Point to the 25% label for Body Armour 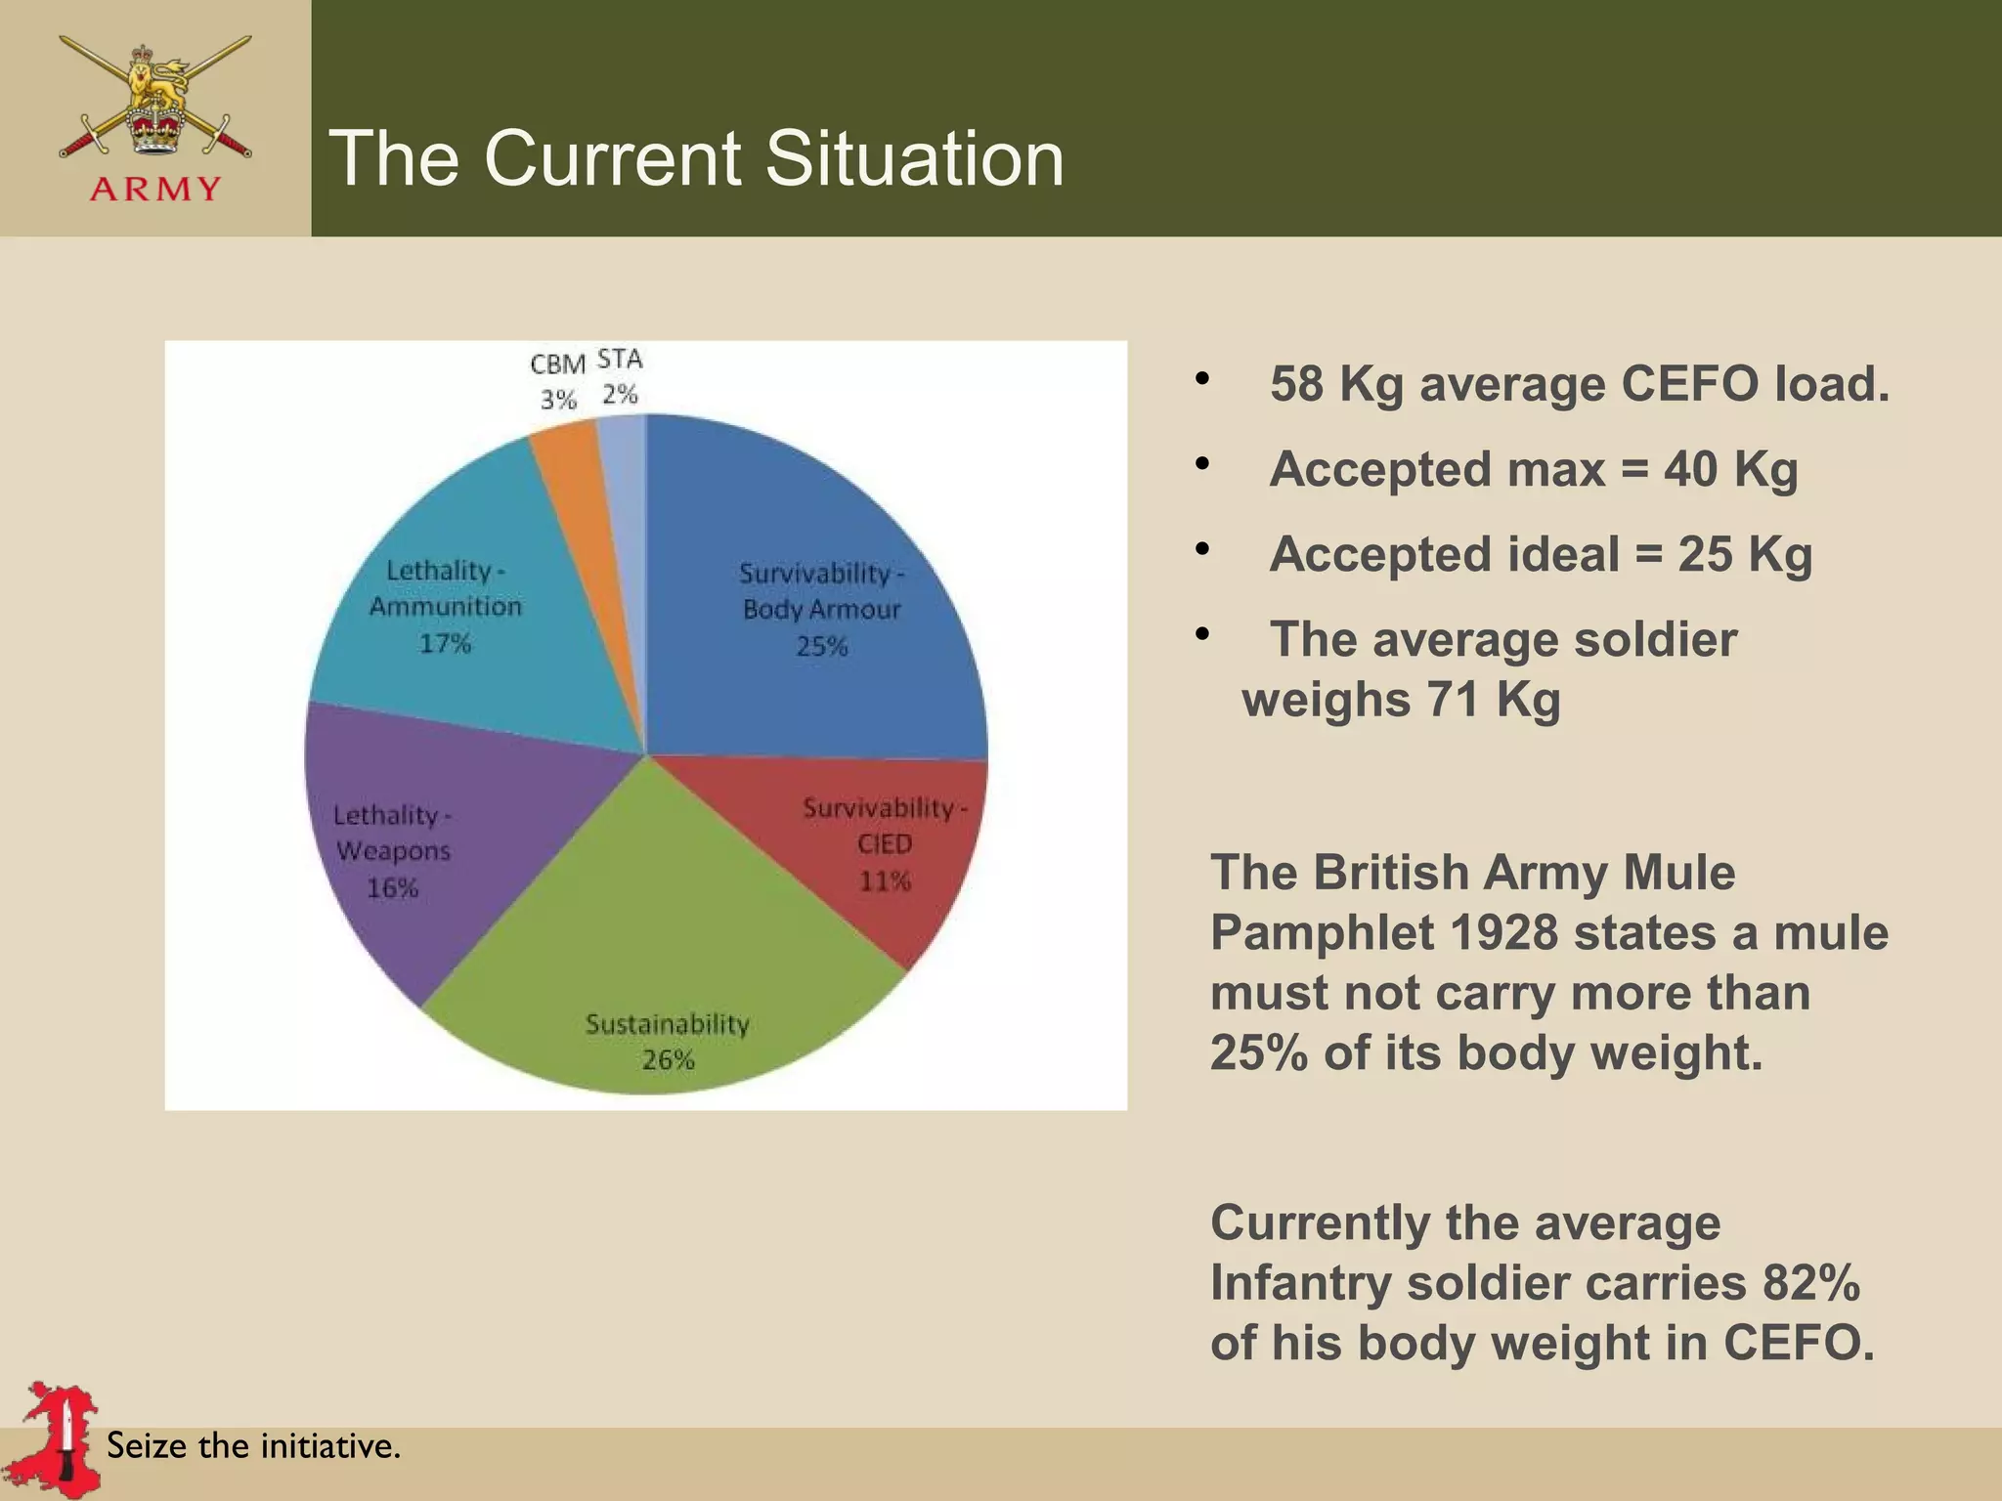[821, 646]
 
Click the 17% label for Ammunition [445, 643]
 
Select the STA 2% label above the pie [620, 377]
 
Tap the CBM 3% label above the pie [558, 381]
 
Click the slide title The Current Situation [696, 158]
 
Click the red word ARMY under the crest [155, 189]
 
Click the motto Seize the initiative [253, 1445]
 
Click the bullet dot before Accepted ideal [1201, 548]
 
